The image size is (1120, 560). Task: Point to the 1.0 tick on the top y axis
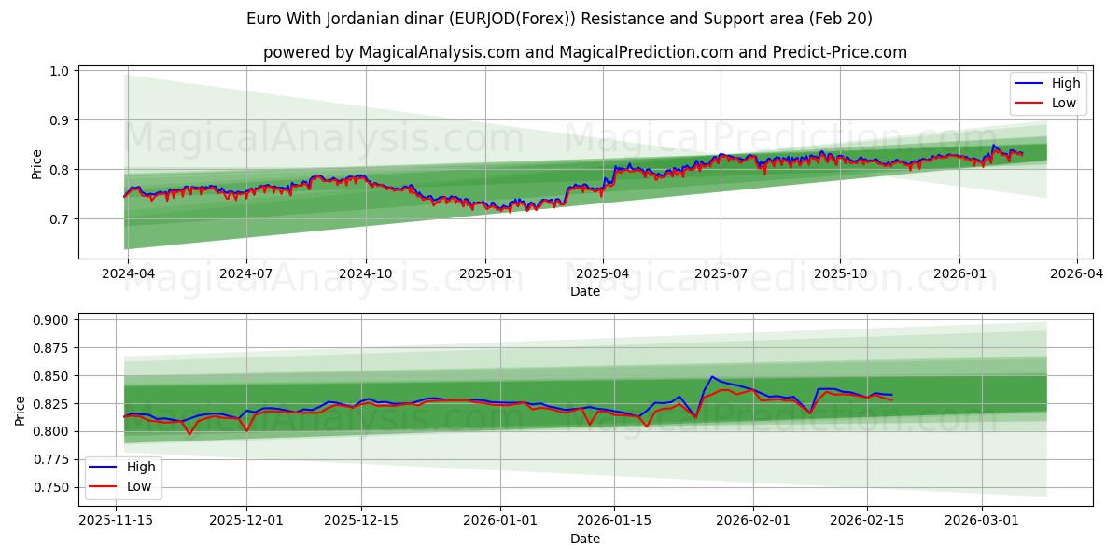60,71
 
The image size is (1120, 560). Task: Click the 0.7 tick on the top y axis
60,219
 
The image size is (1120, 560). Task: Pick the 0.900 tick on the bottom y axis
50,320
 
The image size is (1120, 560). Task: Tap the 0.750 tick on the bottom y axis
50,487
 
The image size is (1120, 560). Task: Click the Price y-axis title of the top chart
36,164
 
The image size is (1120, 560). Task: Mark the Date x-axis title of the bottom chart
585,539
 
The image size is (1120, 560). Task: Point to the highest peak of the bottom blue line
712,377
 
